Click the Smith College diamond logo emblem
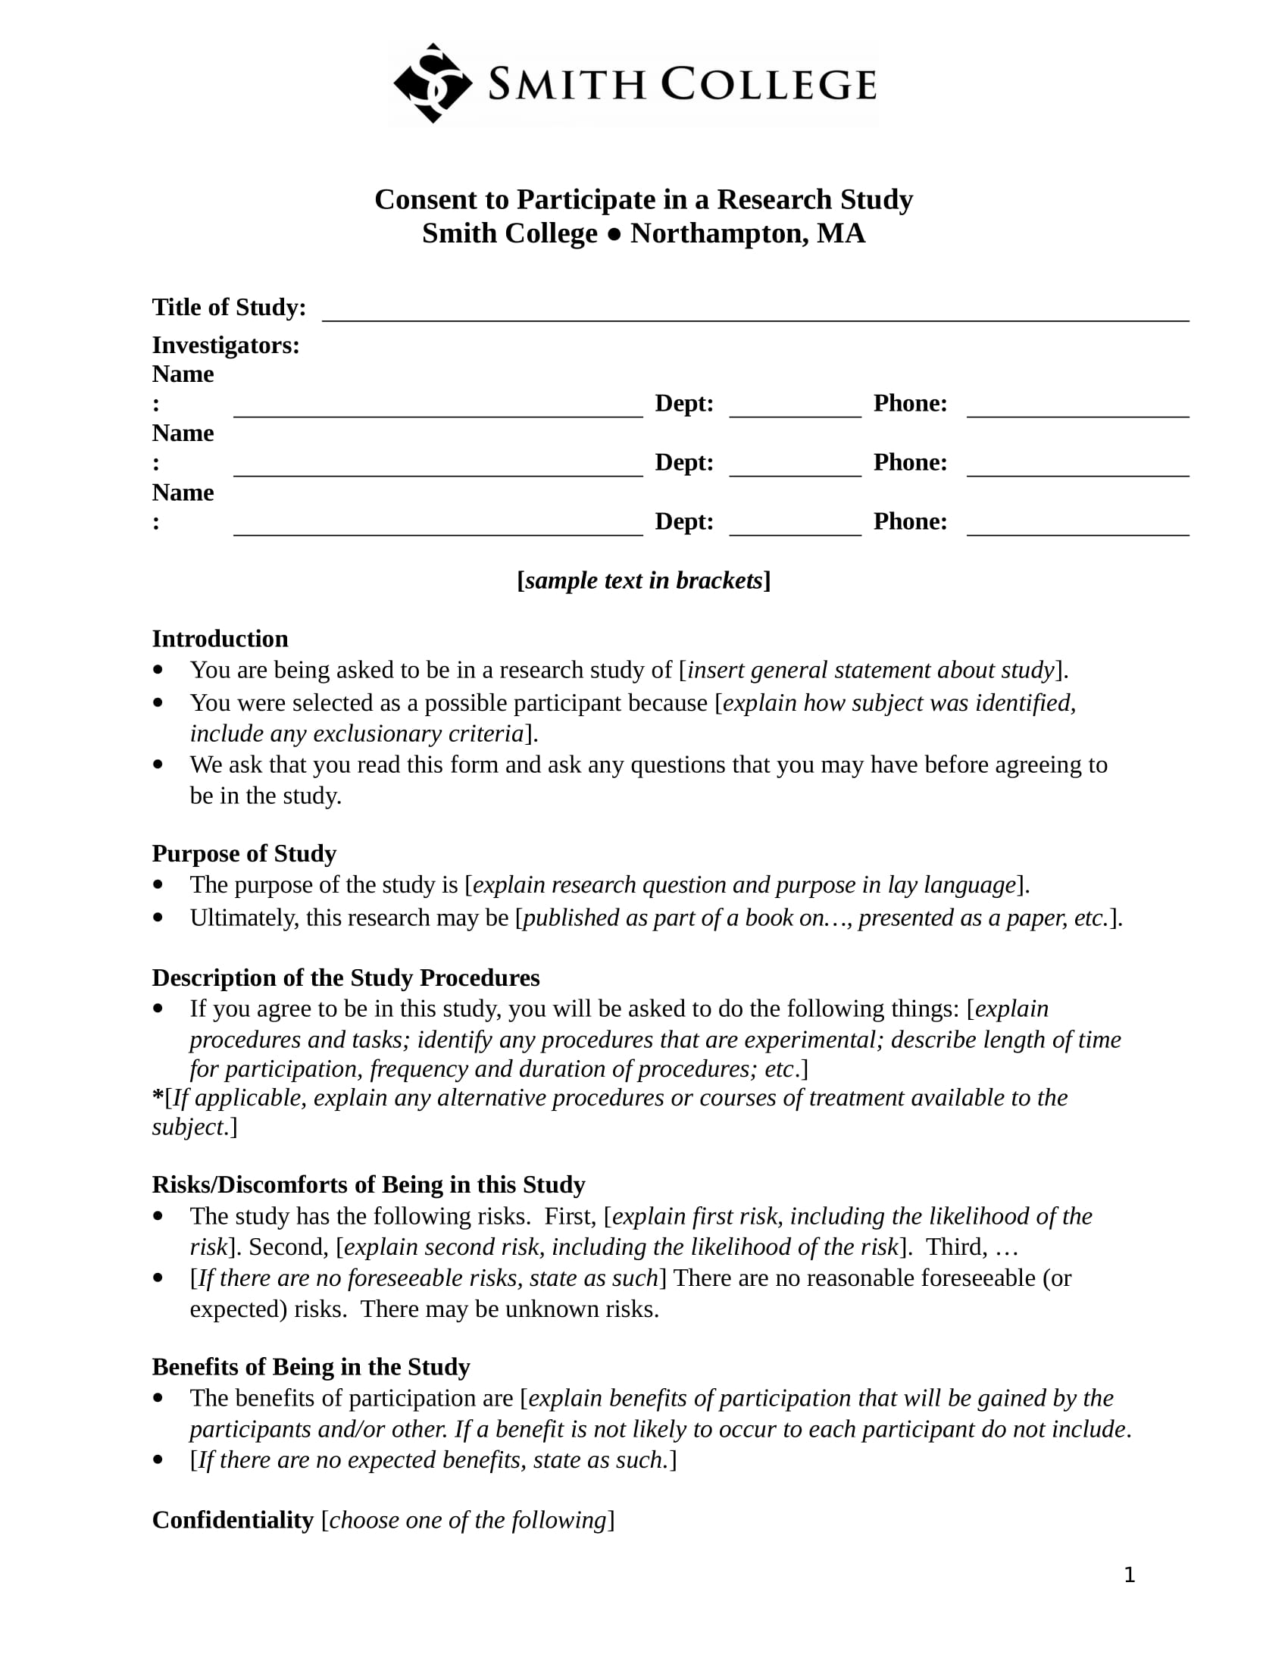(432, 83)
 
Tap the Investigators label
(226, 345)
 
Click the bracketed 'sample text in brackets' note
(643, 580)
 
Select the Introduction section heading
(220, 638)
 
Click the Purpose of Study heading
(244, 852)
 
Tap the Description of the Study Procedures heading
(345, 977)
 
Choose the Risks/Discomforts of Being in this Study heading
(368, 1184)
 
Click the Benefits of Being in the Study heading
(311, 1366)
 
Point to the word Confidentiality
(233, 1520)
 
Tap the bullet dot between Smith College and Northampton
(614, 234)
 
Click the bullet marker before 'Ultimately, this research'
(158, 917)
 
